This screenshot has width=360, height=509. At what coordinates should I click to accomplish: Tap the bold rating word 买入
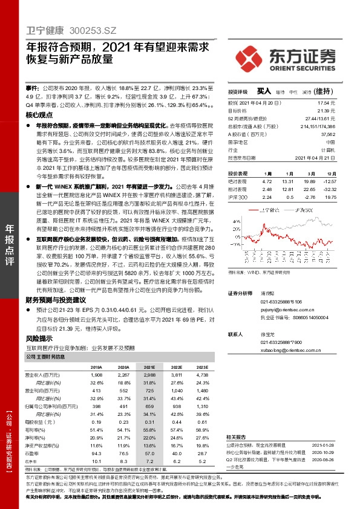tap(264, 91)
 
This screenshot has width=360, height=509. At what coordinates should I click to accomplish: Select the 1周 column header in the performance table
tap(268, 173)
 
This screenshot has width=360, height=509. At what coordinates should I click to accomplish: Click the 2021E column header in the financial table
tap(132, 367)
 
